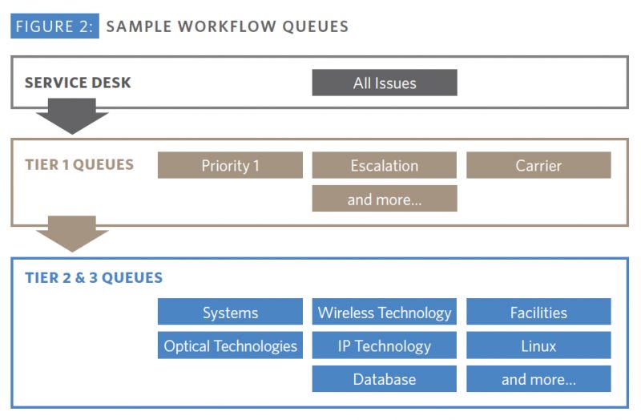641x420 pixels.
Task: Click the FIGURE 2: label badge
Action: tap(54, 26)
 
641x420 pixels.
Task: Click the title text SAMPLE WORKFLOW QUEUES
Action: tap(227, 26)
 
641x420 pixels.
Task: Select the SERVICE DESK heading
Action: tap(78, 83)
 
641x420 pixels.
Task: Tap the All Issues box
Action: tap(385, 83)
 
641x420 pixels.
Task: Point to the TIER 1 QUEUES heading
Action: tap(79, 165)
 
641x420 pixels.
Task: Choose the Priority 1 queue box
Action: tap(230, 165)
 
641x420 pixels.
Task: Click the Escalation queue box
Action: tap(385, 165)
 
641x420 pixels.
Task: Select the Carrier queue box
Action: tap(538, 165)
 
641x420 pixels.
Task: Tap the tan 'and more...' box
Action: tap(385, 199)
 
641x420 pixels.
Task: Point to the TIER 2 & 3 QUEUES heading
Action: tap(94, 278)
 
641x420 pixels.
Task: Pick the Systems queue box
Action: tap(230, 312)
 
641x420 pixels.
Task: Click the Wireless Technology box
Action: tap(385, 312)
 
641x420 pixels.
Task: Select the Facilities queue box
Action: tap(538, 312)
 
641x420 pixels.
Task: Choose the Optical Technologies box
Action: tap(230, 345)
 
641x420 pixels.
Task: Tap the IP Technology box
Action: tap(385, 345)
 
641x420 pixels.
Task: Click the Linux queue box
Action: tap(538, 345)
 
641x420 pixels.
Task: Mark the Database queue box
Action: tap(385, 379)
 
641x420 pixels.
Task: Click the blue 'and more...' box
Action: tap(538, 379)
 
